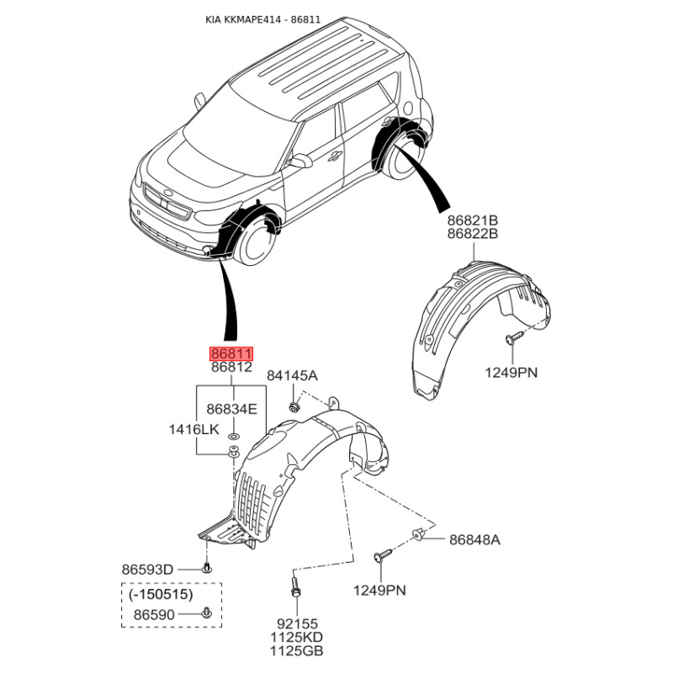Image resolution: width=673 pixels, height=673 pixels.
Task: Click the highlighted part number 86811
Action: (231, 354)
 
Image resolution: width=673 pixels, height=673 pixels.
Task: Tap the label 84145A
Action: (292, 375)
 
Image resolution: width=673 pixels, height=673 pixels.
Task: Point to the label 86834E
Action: (232, 409)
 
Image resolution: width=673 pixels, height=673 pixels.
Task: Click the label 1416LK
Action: (194, 429)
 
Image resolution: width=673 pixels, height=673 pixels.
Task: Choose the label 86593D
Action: (148, 570)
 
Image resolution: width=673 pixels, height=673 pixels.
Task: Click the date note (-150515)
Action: (161, 595)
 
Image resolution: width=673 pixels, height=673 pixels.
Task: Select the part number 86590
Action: (154, 615)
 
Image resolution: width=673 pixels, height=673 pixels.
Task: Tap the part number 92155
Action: (297, 623)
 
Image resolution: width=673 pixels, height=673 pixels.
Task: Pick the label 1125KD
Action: (297, 637)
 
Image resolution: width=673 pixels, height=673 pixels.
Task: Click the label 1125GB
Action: (297, 650)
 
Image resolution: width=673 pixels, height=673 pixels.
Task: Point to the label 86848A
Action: (474, 539)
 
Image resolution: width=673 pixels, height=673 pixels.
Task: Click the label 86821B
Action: (473, 220)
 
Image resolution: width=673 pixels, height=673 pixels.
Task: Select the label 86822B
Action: (473, 234)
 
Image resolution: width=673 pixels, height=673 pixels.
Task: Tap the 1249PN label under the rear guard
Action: (511, 372)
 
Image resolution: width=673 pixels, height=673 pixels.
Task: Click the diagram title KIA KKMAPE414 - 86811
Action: (262, 19)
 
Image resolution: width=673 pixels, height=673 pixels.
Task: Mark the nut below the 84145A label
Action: (294, 405)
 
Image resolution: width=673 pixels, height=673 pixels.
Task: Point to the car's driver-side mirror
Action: (300, 162)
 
